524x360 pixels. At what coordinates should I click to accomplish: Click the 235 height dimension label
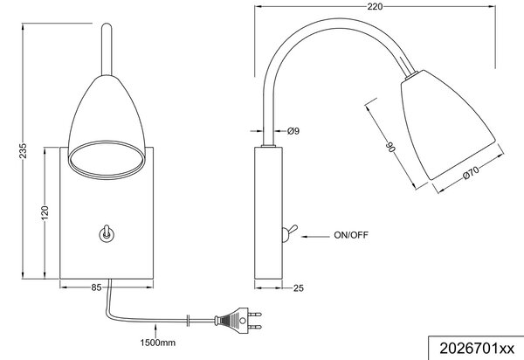pyautogui.click(x=23, y=151)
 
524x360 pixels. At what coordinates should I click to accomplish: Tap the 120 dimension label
pyautogui.click(x=45, y=213)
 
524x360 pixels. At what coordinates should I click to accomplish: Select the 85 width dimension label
pyautogui.click(x=96, y=287)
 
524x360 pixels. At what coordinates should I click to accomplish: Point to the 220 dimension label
pyautogui.click(x=375, y=6)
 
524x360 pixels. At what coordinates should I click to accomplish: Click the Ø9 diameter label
pyautogui.click(x=293, y=131)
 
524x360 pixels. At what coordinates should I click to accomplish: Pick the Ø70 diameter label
pyautogui.click(x=472, y=173)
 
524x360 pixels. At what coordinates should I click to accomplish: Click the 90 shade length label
pyautogui.click(x=390, y=147)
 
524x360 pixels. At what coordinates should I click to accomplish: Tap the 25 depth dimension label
pyautogui.click(x=299, y=287)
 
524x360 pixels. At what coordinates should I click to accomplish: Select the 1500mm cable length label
pyautogui.click(x=157, y=343)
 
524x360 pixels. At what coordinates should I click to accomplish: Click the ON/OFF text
pyautogui.click(x=351, y=235)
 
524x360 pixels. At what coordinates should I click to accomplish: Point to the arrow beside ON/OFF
pyautogui.click(x=315, y=237)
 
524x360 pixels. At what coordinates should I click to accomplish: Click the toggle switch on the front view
pyautogui.click(x=106, y=233)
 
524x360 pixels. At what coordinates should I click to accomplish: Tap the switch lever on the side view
pyautogui.click(x=289, y=232)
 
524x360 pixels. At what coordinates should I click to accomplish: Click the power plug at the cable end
pyautogui.click(x=238, y=320)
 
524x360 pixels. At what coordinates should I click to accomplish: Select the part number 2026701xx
pyautogui.click(x=477, y=349)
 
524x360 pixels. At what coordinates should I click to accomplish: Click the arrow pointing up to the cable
pyautogui.click(x=155, y=331)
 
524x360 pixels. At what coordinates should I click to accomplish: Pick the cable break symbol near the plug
pyautogui.click(x=189, y=320)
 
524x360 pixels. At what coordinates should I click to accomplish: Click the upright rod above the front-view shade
pyautogui.click(x=107, y=49)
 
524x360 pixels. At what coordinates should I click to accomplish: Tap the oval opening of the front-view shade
pyautogui.click(x=107, y=160)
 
